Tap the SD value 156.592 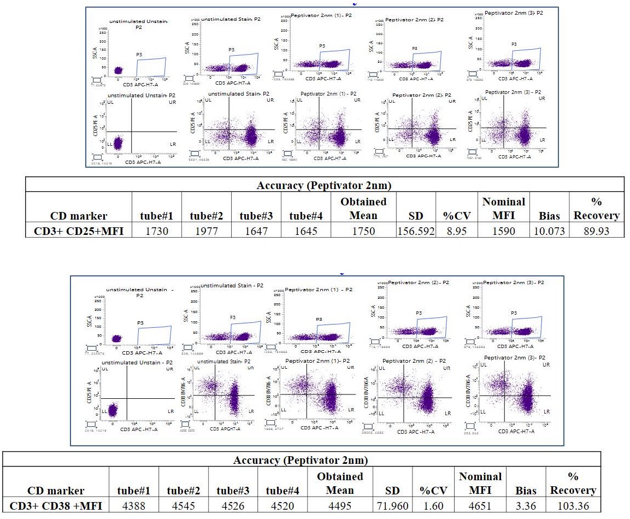point(416,231)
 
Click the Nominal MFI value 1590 point(503,231)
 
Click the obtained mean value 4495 point(339,505)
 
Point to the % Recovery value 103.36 point(573,505)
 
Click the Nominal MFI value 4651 point(480,505)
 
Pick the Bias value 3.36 point(525,505)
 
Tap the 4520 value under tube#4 point(284,505)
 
